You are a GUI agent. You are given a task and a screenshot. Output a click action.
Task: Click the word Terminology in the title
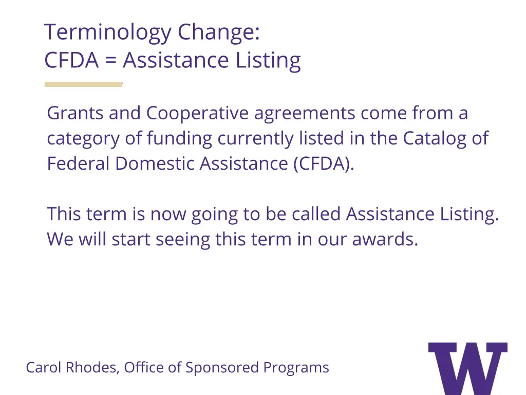point(108,33)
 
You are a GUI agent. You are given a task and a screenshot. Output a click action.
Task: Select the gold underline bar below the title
point(83,84)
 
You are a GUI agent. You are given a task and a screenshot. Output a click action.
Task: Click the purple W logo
point(467,368)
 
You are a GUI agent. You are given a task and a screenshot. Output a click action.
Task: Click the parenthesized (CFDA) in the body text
point(324,164)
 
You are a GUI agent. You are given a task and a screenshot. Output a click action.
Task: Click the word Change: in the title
point(219,33)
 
